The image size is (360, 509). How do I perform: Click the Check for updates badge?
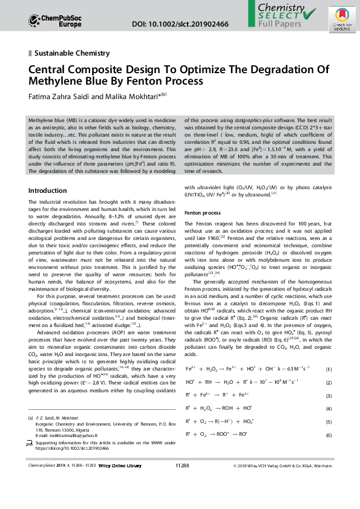point(338,24)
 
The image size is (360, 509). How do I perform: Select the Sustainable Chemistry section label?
point(72,53)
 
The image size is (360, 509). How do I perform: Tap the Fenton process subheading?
point(203,213)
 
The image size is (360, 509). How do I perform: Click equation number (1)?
point(329,369)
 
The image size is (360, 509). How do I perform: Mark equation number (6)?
point(329,435)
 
